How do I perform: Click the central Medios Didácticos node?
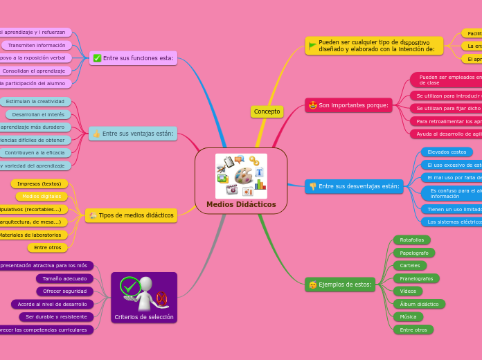click(x=241, y=181)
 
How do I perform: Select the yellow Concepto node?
click(x=267, y=111)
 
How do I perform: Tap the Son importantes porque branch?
click(x=348, y=105)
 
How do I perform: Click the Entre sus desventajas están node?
click(x=354, y=186)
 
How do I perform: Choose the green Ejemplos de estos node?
click(x=340, y=285)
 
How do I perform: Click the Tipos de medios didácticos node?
click(x=131, y=215)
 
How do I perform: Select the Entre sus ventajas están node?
click(x=133, y=134)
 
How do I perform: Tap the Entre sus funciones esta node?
click(x=133, y=58)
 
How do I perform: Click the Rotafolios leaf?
click(x=412, y=240)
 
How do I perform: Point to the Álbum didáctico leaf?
click(x=419, y=304)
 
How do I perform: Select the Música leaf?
click(x=409, y=317)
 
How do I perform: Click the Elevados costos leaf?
click(x=447, y=152)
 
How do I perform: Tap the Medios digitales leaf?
click(x=41, y=197)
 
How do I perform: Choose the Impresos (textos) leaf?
click(x=39, y=183)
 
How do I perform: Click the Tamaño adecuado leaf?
click(x=64, y=278)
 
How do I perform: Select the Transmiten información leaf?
click(x=37, y=45)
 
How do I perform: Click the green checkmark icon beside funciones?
click(x=97, y=58)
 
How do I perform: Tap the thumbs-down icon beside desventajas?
click(x=312, y=186)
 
